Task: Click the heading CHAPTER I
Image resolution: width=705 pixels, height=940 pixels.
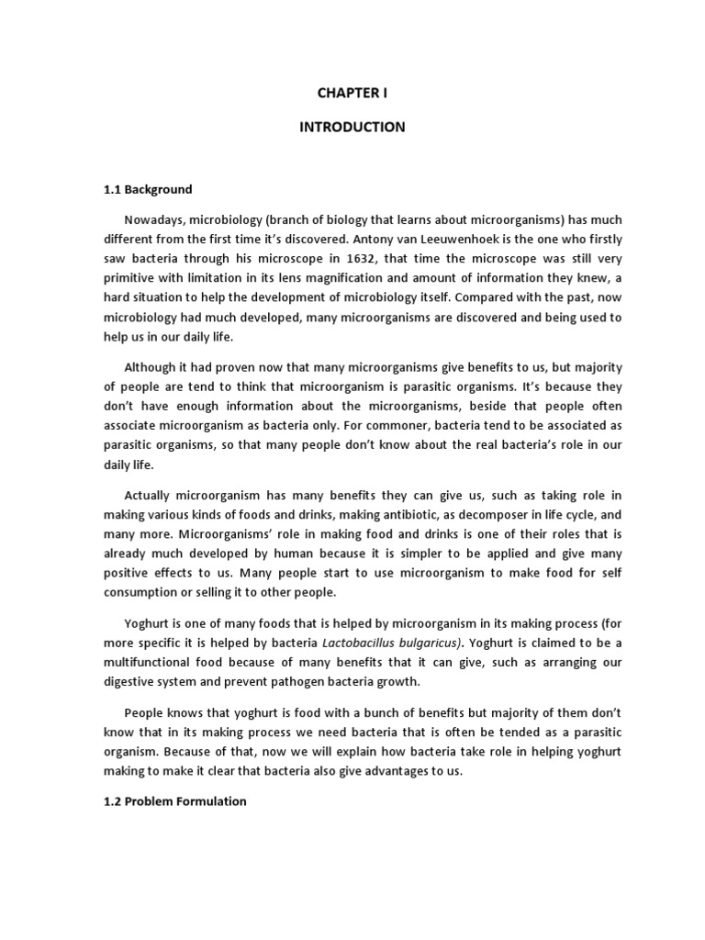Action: point(352,93)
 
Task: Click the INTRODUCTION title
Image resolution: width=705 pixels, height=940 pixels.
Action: point(352,127)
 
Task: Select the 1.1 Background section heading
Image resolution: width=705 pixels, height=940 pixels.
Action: point(147,190)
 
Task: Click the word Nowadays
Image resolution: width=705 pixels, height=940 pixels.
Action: point(156,219)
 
